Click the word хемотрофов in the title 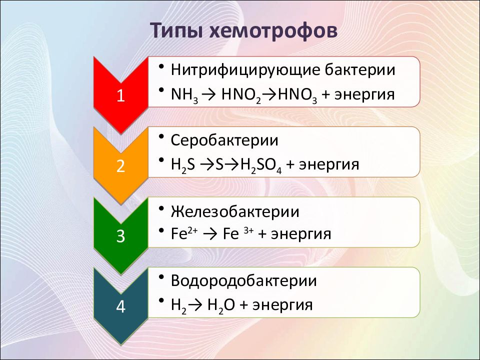click(x=273, y=30)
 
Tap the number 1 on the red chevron click(x=120, y=95)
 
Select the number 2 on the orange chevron click(x=120, y=166)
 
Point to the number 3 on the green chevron click(x=120, y=236)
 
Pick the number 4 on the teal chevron click(x=120, y=306)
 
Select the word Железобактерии click(x=235, y=211)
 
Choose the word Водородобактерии click(x=243, y=281)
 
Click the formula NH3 click(x=184, y=95)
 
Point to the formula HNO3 click(x=297, y=95)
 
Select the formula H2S click(x=183, y=165)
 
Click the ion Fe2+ click(x=184, y=234)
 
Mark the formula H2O click(x=221, y=305)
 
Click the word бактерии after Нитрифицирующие click(x=360, y=70)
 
